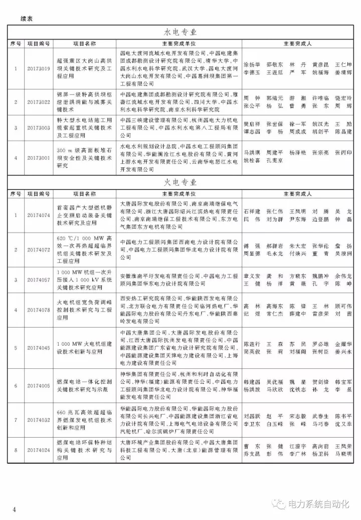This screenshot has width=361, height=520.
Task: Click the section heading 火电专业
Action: click(180, 182)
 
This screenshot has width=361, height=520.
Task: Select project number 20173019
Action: click(39, 69)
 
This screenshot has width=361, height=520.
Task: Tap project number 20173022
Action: click(39, 102)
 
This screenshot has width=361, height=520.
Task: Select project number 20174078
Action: click(39, 309)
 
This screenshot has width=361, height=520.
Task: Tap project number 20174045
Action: click(39, 348)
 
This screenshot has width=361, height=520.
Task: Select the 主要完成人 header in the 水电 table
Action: click(297, 44)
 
